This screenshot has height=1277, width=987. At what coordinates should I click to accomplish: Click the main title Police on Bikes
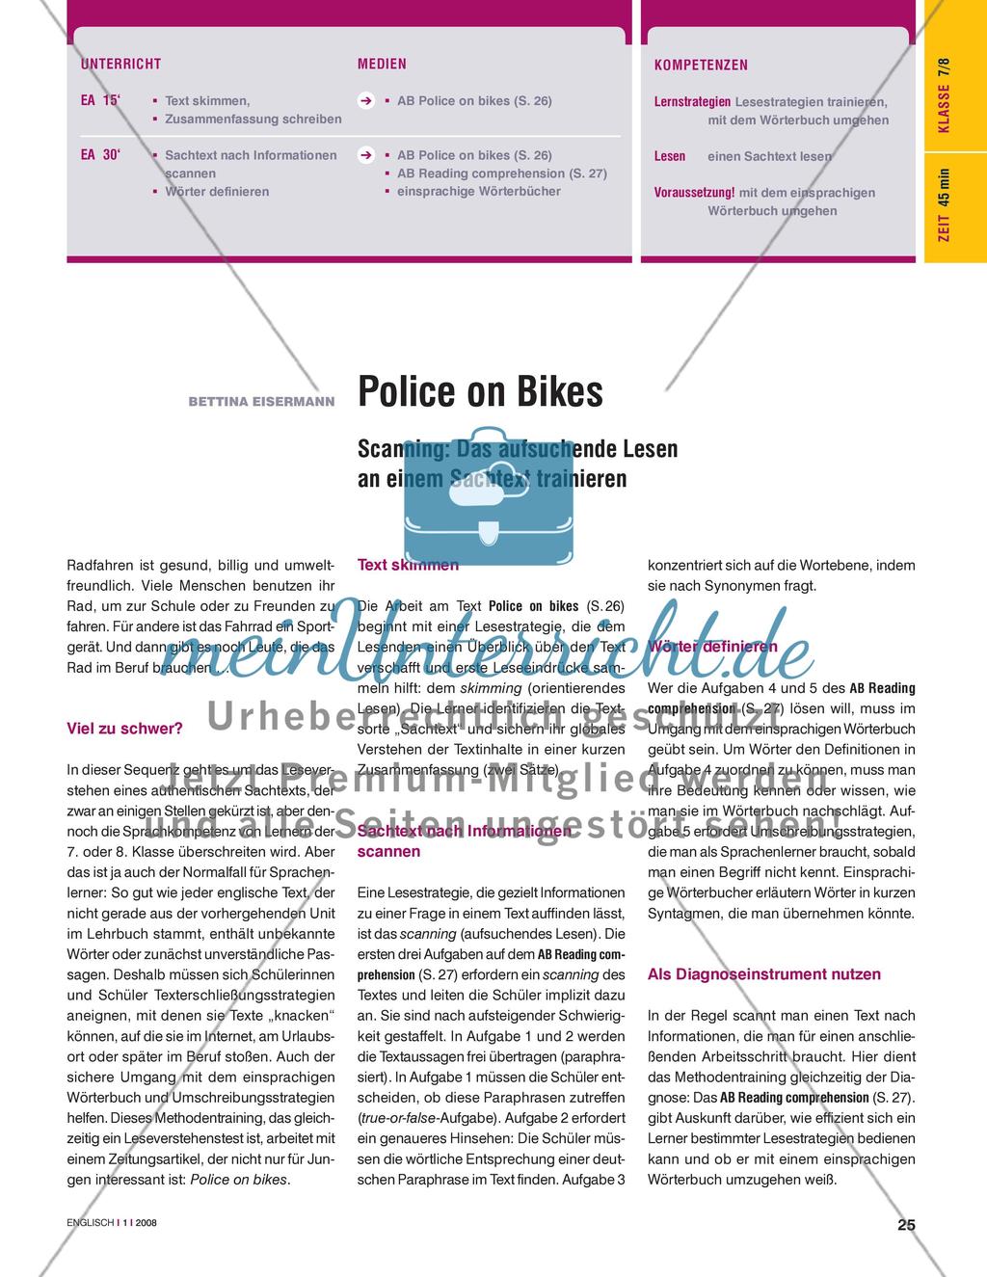tap(480, 392)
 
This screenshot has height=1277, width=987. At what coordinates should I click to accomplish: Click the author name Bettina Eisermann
tap(261, 400)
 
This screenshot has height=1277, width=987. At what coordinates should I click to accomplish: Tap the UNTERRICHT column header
tap(120, 65)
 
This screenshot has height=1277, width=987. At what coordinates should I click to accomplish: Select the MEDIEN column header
tap(382, 65)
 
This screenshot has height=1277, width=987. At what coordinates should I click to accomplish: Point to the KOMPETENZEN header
tap(701, 66)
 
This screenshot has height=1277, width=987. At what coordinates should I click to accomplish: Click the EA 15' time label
tap(101, 100)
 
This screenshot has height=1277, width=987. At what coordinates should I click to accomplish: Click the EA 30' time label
tap(101, 154)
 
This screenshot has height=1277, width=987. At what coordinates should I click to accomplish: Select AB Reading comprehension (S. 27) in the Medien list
tap(502, 173)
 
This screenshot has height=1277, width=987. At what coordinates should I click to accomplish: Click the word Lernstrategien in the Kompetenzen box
tap(692, 101)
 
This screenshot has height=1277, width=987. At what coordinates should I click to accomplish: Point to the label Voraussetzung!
tap(694, 193)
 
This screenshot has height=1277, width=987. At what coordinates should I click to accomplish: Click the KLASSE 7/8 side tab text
tap(944, 95)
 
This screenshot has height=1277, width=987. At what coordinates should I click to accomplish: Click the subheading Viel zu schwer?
tap(124, 729)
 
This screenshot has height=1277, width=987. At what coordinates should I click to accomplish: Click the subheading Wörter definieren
tap(712, 647)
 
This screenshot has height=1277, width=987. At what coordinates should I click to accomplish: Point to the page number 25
tap(906, 1226)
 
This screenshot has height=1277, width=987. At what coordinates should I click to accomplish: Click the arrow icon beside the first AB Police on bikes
tap(366, 101)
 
